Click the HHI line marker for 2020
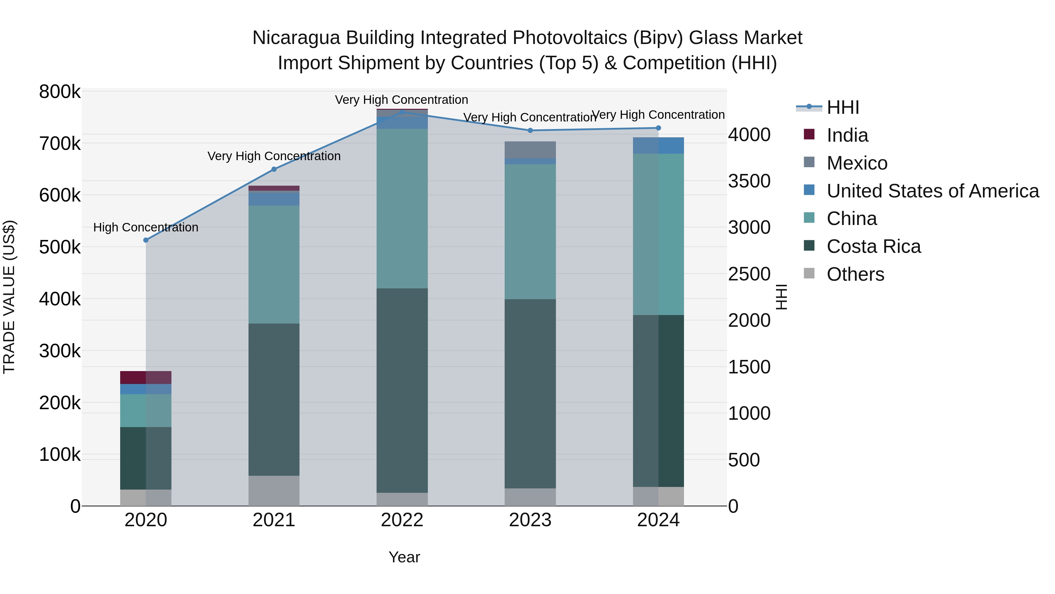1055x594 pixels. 146,240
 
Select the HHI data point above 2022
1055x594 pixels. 402,112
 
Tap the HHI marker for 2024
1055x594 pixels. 658,128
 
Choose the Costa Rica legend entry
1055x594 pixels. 873,247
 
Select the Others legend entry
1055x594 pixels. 855,275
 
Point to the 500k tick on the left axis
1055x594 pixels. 60,247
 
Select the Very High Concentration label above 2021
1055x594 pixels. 274,156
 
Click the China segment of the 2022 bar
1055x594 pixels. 402,208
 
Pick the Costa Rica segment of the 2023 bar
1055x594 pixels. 530,394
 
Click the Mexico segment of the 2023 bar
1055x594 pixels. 530,150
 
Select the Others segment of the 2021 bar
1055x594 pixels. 274,491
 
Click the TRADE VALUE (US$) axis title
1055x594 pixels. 9,297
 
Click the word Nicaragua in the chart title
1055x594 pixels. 296,38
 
